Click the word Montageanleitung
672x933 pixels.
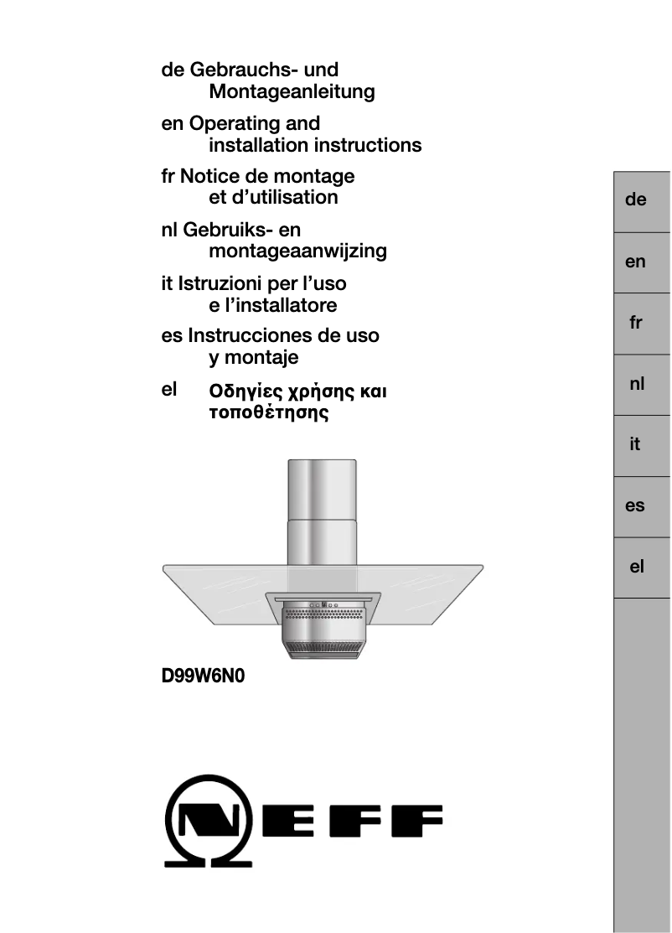pyautogui.click(x=292, y=92)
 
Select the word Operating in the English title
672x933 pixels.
pyautogui.click(x=231, y=124)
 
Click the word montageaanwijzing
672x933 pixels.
pyautogui.click(x=297, y=251)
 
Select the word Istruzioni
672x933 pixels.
pyautogui.click(x=220, y=283)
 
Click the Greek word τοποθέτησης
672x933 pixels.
pyautogui.click(x=268, y=413)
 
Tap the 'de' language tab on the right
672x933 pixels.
pyautogui.click(x=636, y=200)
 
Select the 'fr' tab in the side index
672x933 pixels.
pyautogui.click(x=636, y=323)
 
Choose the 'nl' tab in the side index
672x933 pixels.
pyautogui.click(x=636, y=384)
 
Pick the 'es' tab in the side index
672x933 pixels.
pyautogui.click(x=636, y=505)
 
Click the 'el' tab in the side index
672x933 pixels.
pyautogui.click(x=636, y=567)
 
